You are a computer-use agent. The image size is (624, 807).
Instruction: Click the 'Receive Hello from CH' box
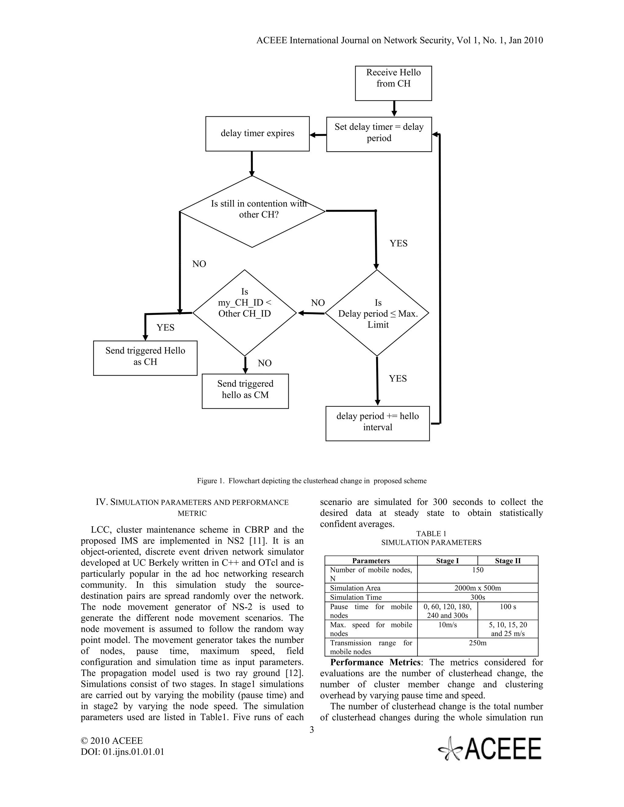393,83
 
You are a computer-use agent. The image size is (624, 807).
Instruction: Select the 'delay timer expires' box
257,134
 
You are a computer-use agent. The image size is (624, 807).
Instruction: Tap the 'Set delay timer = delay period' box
379,134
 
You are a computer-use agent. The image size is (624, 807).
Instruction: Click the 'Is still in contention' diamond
252,212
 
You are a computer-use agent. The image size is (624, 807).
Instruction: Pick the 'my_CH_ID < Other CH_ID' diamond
244,313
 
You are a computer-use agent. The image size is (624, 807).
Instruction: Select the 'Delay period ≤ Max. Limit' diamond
377,313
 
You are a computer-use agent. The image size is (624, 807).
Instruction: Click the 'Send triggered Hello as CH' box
145,358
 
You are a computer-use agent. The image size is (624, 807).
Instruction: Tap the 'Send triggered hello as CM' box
245,391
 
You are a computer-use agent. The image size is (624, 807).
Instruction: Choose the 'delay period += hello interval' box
378,423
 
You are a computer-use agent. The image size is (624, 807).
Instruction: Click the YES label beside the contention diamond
399,244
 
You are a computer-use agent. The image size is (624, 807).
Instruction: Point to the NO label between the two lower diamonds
317,303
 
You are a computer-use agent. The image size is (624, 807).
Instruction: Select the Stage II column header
508,561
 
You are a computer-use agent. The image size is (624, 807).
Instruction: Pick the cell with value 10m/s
447,625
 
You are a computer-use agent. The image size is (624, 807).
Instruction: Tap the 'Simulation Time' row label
356,597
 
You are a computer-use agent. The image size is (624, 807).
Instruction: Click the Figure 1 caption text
312,481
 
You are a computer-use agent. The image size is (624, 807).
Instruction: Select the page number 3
312,729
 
